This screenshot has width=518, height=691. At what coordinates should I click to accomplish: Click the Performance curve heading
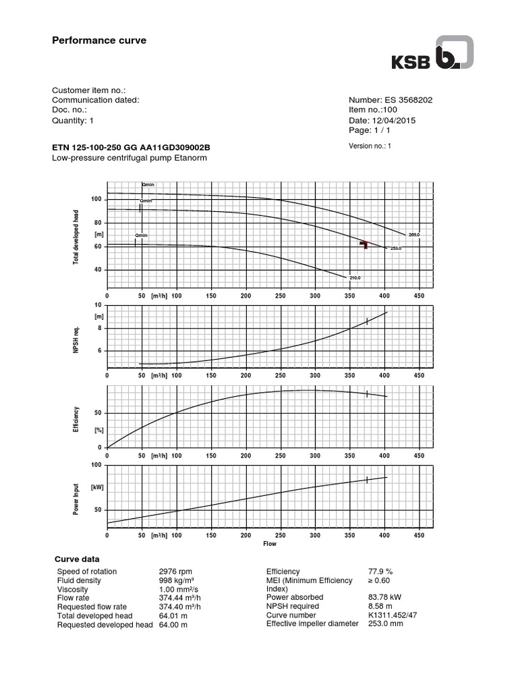99,40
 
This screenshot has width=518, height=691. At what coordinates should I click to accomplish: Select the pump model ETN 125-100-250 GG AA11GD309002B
132,148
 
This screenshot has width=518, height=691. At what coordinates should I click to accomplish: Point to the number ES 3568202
403,100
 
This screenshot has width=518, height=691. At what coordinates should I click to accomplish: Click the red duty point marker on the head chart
364,244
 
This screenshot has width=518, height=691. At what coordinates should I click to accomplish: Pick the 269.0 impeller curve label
413,234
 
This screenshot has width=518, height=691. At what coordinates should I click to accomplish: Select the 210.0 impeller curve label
355,278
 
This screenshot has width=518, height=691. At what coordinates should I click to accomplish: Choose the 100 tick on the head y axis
96,199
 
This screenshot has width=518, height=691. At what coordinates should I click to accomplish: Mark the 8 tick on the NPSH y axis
99,328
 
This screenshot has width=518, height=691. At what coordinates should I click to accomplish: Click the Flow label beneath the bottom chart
269,543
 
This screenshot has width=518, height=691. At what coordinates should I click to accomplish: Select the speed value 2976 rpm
175,572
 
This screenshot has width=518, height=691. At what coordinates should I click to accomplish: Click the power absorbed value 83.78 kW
388,597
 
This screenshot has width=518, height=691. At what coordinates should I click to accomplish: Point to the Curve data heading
76,559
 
